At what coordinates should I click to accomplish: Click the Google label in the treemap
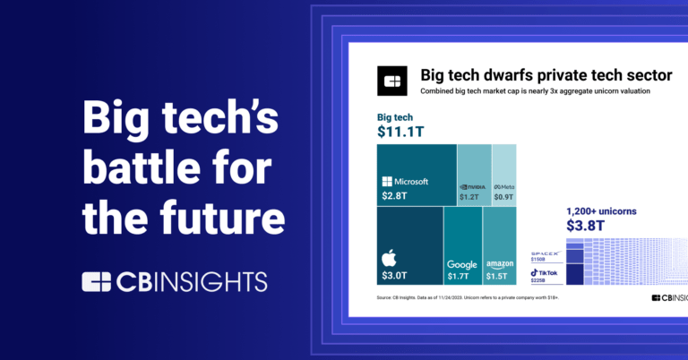[462, 264]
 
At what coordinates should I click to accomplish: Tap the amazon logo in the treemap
[499, 264]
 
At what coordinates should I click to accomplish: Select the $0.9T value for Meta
[503, 196]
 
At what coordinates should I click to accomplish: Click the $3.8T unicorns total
[584, 226]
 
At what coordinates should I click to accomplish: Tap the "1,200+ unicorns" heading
[601, 211]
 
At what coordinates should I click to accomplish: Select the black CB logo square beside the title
[391, 81]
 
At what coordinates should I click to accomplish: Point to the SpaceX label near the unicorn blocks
[545, 253]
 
